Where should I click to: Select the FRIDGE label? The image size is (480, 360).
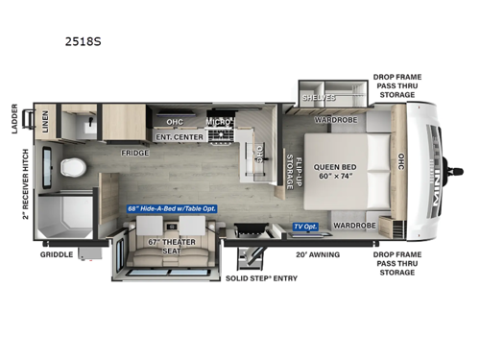[133, 152]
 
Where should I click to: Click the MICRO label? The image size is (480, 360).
[218, 122]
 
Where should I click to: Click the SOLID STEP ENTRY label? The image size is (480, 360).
[261, 278]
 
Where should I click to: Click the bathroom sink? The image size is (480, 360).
[84, 125]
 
